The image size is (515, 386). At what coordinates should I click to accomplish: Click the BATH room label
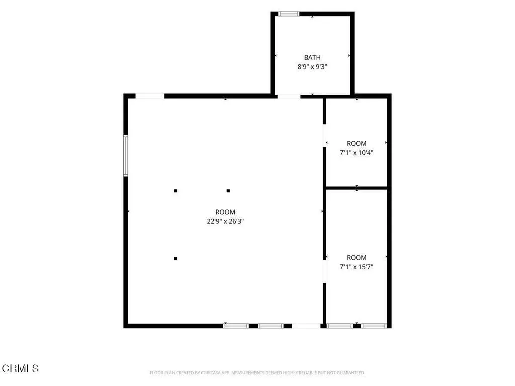click(312, 57)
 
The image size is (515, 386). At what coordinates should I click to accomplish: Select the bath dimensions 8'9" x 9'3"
click(312, 67)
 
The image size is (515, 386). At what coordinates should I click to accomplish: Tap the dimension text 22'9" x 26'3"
click(225, 221)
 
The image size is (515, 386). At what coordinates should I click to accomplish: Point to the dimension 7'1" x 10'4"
click(357, 153)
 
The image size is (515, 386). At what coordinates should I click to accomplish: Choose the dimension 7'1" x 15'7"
click(357, 267)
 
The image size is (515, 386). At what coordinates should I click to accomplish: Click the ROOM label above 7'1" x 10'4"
click(357, 143)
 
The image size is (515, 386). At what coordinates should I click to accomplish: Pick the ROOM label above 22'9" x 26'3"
click(225, 212)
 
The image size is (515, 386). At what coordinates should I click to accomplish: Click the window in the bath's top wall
click(289, 14)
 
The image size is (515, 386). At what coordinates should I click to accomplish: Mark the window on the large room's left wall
click(125, 156)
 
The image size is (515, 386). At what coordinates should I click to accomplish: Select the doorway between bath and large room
click(289, 96)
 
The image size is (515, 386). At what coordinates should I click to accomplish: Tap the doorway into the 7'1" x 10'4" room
click(324, 136)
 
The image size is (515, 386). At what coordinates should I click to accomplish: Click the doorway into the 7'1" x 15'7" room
click(324, 271)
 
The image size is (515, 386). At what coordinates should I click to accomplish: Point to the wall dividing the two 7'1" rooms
click(357, 188)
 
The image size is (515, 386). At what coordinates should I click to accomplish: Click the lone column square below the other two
click(176, 259)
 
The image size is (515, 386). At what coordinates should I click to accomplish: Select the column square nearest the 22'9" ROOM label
click(228, 190)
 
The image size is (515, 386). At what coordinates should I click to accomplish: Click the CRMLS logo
click(20, 368)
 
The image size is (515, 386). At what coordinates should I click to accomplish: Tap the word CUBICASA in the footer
click(211, 373)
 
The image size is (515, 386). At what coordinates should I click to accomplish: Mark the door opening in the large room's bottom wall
click(306, 326)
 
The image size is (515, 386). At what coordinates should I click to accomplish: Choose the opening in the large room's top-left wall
click(150, 96)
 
